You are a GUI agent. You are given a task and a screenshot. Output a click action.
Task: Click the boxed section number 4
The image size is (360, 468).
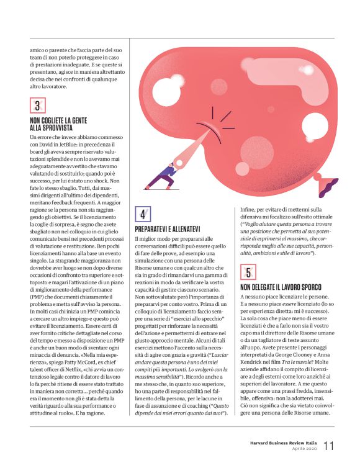(x=142, y=214)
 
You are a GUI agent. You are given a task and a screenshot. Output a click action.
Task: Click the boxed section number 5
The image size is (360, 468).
(x=248, y=271)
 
